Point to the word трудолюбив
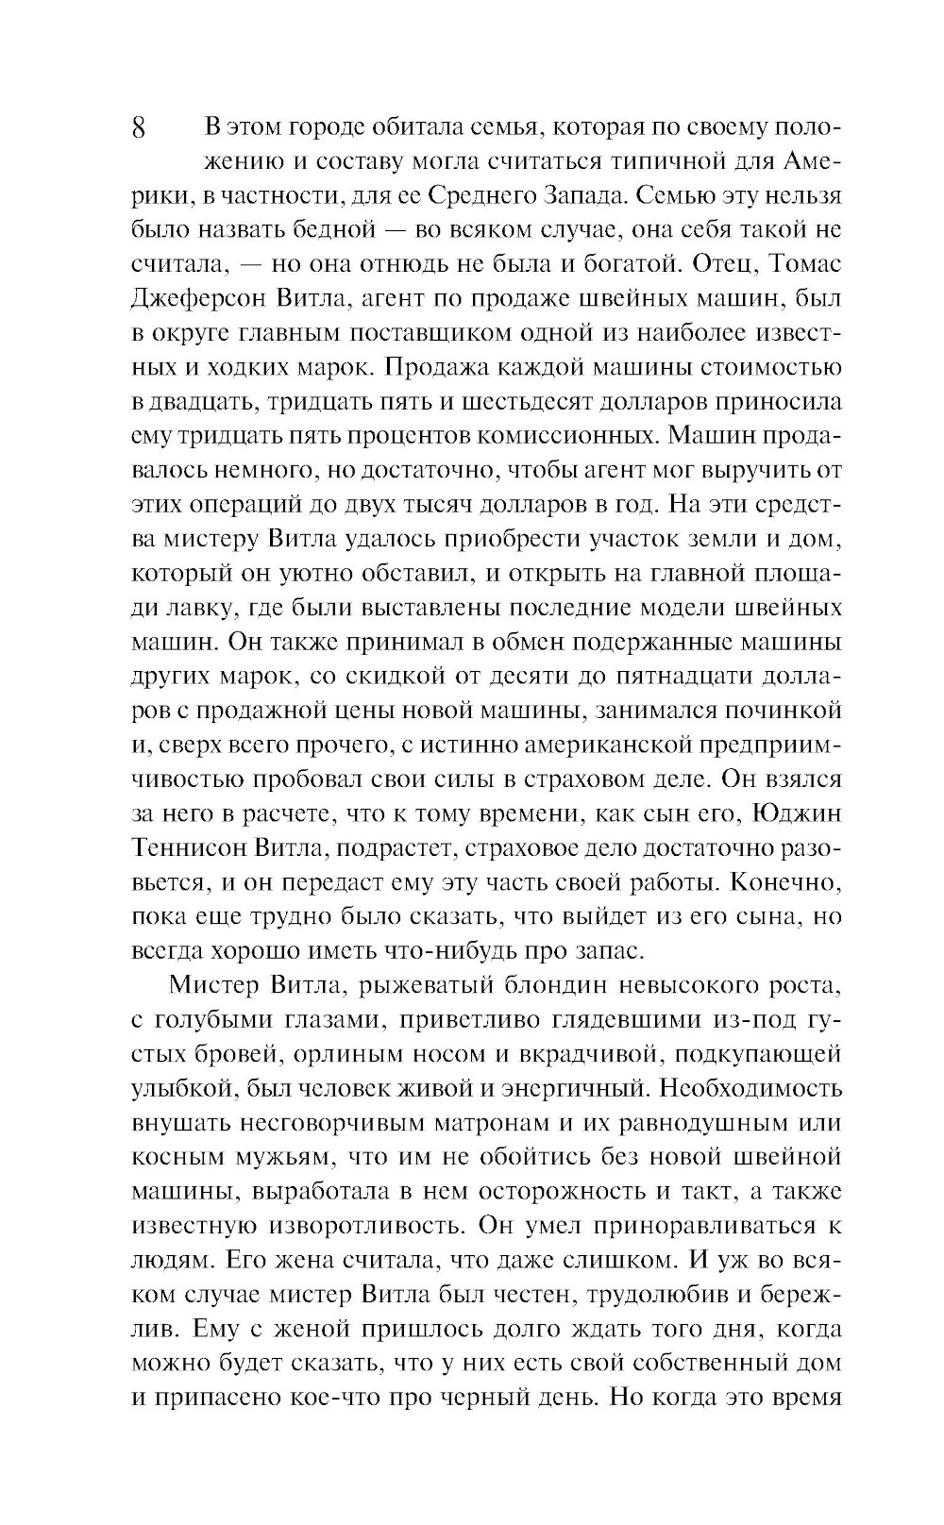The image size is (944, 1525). [x=665, y=1294]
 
